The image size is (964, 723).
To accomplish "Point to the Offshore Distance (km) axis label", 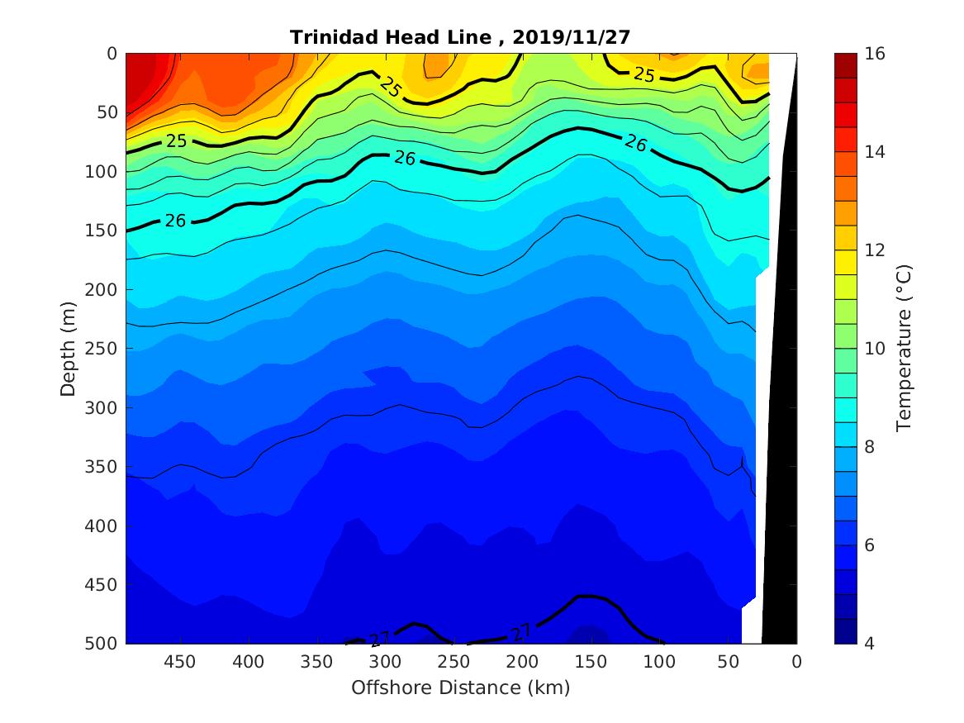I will [x=460, y=687].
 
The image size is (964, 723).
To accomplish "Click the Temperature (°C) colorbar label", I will [x=904, y=348].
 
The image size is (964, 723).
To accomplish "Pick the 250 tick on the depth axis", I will [x=103, y=349].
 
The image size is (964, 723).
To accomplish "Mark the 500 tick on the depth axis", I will [x=103, y=644].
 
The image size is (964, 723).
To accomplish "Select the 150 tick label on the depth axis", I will [x=103, y=231].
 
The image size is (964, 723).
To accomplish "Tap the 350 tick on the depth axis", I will [x=103, y=467].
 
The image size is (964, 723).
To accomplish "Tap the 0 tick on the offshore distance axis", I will [x=796, y=662].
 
